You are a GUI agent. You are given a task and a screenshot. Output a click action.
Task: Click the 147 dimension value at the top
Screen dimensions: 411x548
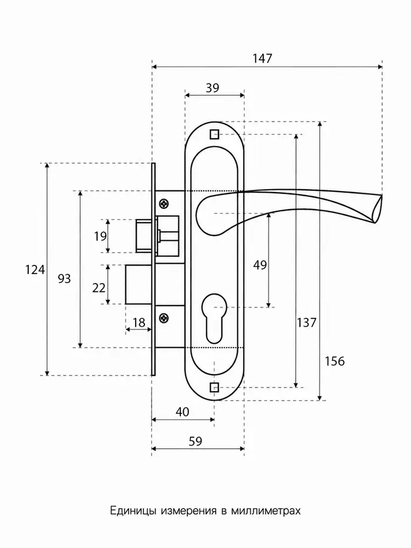pyautogui.click(x=262, y=58)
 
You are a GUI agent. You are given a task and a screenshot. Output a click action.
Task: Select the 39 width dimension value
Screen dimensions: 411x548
pyautogui.click(x=213, y=88)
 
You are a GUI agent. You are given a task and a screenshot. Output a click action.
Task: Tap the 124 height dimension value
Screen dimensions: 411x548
pyautogui.click(x=35, y=270)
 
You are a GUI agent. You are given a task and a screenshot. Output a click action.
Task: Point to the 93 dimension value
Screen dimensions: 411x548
pyautogui.click(x=65, y=278)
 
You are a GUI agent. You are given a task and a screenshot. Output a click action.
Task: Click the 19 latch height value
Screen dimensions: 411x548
pyautogui.click(x=100, y=236)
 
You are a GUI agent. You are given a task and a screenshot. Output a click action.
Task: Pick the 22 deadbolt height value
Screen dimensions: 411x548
pyautogui.click(x=99, y=288)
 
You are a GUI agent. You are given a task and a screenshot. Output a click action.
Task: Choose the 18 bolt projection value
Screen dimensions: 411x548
pyautogui.click(x=139, y=322)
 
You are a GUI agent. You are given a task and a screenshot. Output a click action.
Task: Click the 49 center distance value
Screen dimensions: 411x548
pyautogui.click(x=260, y=265)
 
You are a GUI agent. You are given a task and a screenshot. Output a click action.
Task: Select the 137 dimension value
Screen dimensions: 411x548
pyautogui.click(x=306, y=322)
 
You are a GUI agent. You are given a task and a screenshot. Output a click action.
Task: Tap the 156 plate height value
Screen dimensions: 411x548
pyautogui.click(x=335, y=361)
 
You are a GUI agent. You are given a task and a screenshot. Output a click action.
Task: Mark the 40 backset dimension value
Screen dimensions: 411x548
pyautogui.click(x=183, y=412)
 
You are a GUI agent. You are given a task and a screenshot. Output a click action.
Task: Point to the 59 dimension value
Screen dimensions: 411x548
pyautogui.click(x=196, y=442)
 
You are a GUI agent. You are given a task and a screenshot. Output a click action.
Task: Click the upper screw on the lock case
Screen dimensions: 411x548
pyautogui.click(x=164, y=203)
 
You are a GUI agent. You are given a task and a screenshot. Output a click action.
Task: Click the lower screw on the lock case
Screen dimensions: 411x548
pyautogui.click(x=164, y=318)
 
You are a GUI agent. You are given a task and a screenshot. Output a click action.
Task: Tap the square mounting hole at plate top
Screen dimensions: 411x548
pyautogui.click(x=214, y=135)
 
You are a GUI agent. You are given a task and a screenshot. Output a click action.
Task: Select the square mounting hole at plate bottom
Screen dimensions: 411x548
pyautogui.click(x=214, y=388)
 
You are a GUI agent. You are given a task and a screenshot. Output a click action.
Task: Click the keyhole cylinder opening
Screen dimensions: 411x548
pyautogui.click(x=214, y=319)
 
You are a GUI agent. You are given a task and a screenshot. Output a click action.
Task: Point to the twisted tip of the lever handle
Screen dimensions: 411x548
pyautogui.click(x=377, y=209)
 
